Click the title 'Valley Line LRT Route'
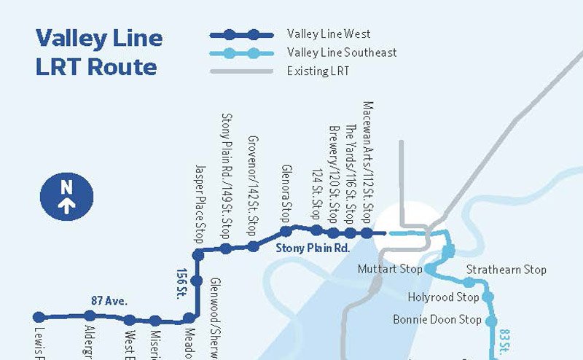click(98, 52)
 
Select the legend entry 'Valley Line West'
click(329, 34)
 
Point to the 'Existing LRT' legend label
click(318, 71)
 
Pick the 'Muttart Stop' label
click(390, 270)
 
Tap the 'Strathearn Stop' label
click(506, 270)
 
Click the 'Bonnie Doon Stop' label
click(437, 320)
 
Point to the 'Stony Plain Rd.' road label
click(313, 249)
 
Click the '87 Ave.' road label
click(109, 300)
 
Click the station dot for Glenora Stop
click(286, 231)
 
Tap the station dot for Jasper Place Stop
click(197, 254)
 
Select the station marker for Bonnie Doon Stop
click(491, 321)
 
